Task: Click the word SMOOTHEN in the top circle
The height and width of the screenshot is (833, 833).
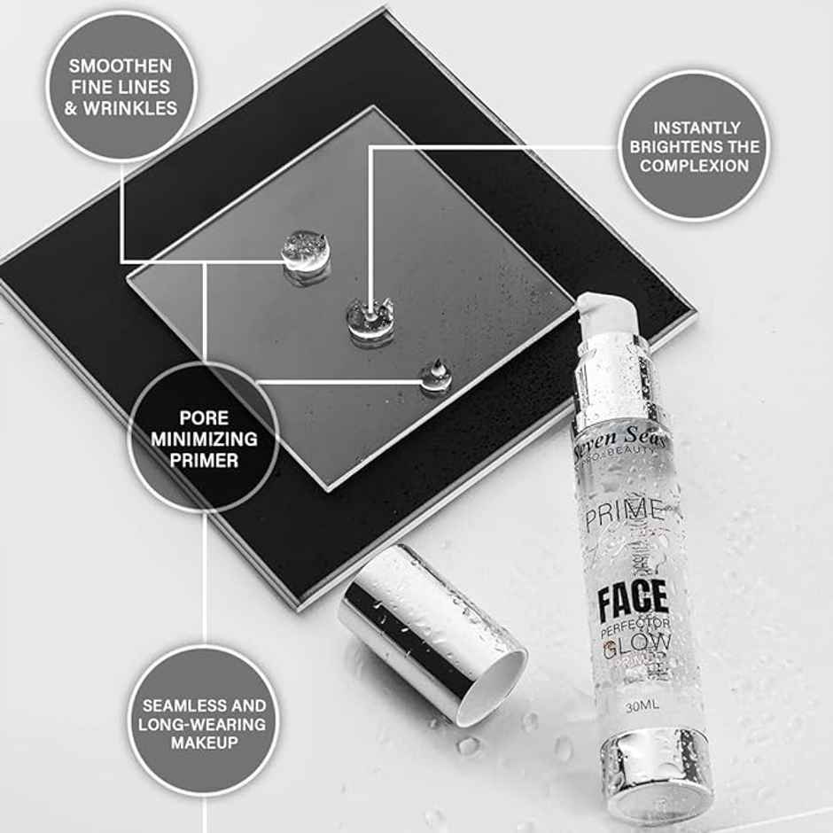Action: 121,66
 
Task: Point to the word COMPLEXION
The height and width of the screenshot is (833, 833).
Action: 695,166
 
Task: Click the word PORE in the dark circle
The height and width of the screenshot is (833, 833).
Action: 204,416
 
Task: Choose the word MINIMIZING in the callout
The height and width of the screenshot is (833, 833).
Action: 204,438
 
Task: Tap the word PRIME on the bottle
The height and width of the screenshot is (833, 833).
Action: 623,511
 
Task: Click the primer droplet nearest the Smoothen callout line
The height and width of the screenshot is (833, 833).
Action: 306,251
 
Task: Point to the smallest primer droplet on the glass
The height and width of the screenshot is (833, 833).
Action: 436,376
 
